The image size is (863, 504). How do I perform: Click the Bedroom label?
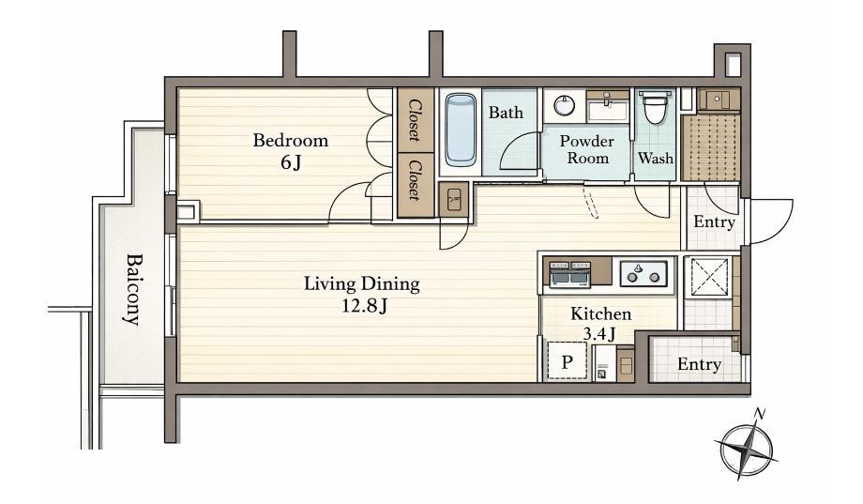click(x=291, y=141)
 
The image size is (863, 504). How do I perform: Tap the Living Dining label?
click(x=362, y=284)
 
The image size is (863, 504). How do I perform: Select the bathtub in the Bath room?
click(x=461, y=130)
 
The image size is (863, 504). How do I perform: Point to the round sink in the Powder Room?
click(x=564, y=105)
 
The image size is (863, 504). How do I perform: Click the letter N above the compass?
click(x=760, y=413)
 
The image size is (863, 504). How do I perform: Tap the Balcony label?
click(x=133, y=289)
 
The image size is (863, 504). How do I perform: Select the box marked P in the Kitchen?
click(x=568, y=361)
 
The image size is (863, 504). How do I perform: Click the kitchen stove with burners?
click(x=643, y=273)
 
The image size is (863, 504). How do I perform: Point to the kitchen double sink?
click(x=570, y=274)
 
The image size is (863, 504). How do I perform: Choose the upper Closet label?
click(x=415, y=120)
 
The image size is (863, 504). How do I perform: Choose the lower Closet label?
click(x=415, y=180)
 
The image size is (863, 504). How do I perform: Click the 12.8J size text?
click(x=364, y=306)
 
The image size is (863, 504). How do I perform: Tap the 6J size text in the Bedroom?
click(x=291, y=163)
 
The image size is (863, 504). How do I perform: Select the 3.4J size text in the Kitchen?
click(x=598, y=334)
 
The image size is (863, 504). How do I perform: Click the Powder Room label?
click(x=587, y=149)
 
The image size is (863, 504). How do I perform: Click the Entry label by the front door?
click(x=714, y=222)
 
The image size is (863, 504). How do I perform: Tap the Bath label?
click(x=506, y=113)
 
